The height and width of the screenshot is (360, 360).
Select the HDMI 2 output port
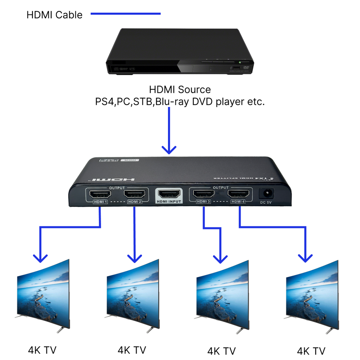click(135, 194)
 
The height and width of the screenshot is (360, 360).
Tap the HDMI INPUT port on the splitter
click(169, 194)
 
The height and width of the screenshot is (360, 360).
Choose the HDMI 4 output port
click(239, 194)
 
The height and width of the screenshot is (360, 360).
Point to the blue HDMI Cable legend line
click(126, 14)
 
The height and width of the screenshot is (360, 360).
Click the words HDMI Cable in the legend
click(54, 15)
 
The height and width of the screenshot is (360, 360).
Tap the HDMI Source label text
click(180, 90)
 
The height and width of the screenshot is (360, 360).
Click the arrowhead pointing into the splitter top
click(169, 149)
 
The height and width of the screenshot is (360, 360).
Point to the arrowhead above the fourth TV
click(305, 258)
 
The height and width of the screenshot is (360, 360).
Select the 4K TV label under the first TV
click(42, 350)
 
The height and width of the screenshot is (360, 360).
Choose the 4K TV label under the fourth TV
click(311, 351)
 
